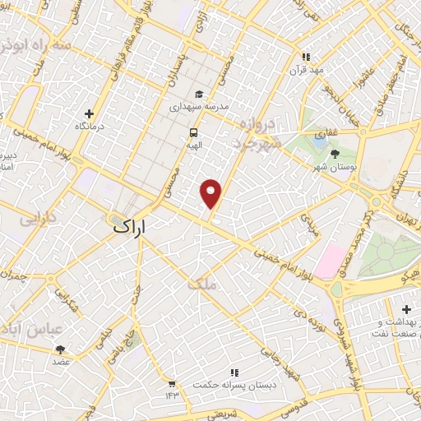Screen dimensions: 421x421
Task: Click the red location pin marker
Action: [211, 192]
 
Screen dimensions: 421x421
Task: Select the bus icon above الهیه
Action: [193, 132]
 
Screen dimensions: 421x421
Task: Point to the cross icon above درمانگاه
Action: [90, 113]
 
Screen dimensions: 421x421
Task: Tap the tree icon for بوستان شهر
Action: [334, 153]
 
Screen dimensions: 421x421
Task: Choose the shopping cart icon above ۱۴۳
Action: [171, 383]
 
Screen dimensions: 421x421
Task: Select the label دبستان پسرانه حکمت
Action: [235, 385]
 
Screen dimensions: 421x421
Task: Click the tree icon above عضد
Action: [61, 349]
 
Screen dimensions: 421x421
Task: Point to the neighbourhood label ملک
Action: [201, 285]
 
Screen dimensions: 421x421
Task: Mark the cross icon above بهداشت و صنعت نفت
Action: [406, 308]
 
